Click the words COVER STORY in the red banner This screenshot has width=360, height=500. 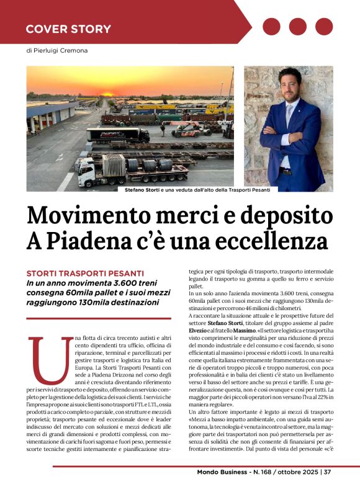(68, 29)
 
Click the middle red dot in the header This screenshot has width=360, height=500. (298, 26)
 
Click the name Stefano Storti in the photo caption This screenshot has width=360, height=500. (143, 190)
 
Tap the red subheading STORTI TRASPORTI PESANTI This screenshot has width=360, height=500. (85, 274)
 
